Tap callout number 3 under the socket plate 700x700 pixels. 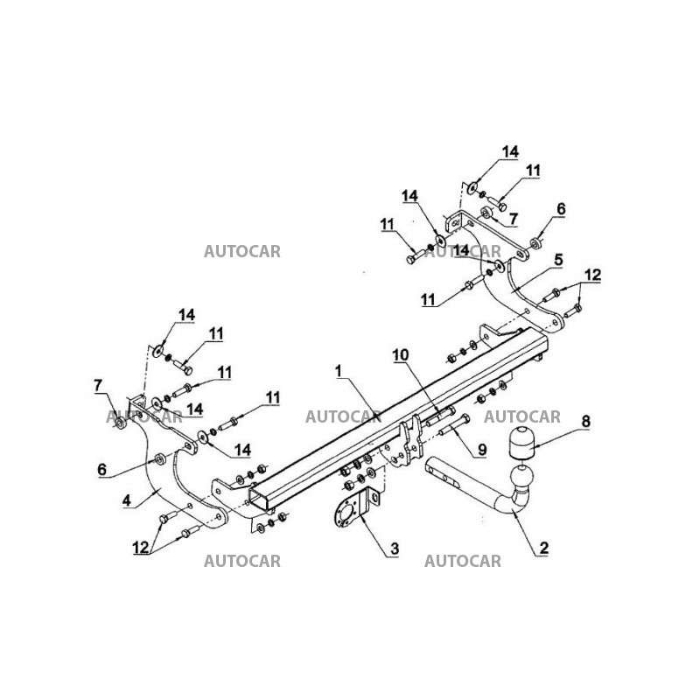395,549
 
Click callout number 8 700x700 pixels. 584,422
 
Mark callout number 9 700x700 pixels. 480,451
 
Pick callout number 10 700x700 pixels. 400,354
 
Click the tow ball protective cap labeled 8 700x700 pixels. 521,444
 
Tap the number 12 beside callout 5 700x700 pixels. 593,275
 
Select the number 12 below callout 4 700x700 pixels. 139,549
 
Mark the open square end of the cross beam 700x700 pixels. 262,500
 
